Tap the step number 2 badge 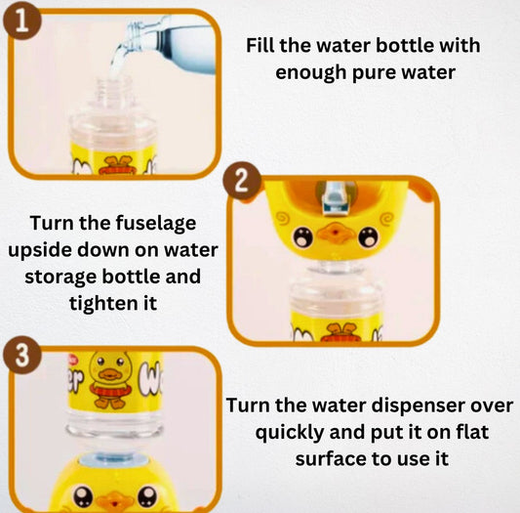[242, 181]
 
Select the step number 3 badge [22, 355]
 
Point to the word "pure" [374, 73]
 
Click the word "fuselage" [155, 224]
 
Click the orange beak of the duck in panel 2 [336, 233]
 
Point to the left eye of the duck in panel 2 [302, 236]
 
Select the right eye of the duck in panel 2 [368, 236]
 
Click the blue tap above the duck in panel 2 [335, 197]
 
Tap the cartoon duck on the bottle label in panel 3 [110, 379]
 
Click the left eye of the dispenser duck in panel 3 [83, 495]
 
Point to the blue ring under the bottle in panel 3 [114, 461]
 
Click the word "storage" [61, 278]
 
